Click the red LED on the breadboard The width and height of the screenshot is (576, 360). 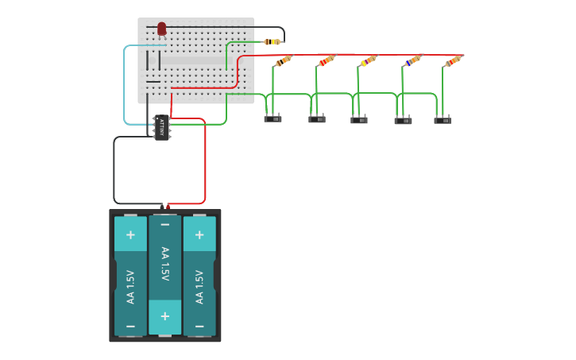point(161,29)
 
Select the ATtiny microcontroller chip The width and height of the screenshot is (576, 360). point(161,126)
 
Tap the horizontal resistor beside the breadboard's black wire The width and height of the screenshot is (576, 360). point(271,41)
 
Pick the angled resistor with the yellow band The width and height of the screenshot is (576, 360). point(367,61)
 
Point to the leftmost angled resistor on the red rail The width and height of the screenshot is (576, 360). point(283,61)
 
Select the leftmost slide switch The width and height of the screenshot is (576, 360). point(273,119)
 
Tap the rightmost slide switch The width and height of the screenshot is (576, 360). point(443,120)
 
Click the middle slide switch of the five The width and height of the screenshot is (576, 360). point(359,120)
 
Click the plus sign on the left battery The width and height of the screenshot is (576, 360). point(130,234)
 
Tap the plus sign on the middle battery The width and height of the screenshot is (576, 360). point(164,316)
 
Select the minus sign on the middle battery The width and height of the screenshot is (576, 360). point(164,226)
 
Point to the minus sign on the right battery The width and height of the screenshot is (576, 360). point(199,325)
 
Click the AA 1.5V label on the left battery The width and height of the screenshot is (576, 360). point(130,288)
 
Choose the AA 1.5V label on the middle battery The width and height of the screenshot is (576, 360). point(164,263)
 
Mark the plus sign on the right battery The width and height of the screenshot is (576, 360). point(199,234)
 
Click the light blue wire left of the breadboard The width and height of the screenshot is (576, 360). point(124,87)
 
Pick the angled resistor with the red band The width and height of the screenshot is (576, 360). point(327,61)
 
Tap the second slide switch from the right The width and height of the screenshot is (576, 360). point(403,121)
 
